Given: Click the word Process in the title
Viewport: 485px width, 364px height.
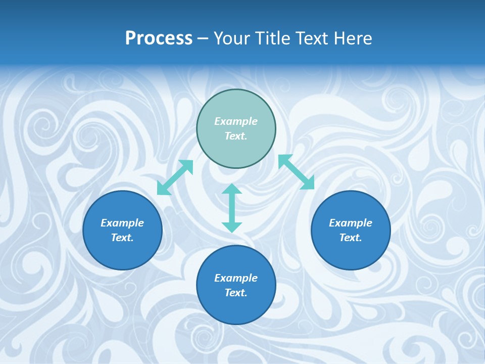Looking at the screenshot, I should (x=159, y=38).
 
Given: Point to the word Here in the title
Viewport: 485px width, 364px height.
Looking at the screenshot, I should (x=352, y=38).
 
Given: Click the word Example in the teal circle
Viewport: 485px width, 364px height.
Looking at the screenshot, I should (x=236, y=121).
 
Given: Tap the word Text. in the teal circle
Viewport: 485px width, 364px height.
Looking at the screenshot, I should (x=236, y=136).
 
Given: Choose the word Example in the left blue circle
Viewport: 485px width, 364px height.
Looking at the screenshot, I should (x=122, y=223).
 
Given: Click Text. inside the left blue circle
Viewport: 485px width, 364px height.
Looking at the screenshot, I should (x=122, y=238).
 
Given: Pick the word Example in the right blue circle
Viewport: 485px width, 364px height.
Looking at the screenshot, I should (x=351, y=223).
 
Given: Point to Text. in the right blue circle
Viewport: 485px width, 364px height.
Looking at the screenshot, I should (x=351, y=238).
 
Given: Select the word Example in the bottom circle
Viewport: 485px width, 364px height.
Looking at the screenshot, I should (x=236, y=278).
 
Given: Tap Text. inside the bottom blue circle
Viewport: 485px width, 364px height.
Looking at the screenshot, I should (x=236, y=293).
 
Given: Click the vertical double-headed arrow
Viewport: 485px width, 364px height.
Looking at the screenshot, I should (x=232, y=208).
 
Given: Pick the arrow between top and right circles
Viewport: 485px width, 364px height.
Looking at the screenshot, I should (x=297, y=172).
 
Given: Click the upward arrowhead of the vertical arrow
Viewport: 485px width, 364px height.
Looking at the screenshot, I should (x=232, y=189).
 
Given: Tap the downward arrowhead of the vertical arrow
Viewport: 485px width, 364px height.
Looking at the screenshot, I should (x=232, y=227).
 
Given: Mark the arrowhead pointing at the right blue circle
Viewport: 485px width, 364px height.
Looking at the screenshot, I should (x=308, y=183).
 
